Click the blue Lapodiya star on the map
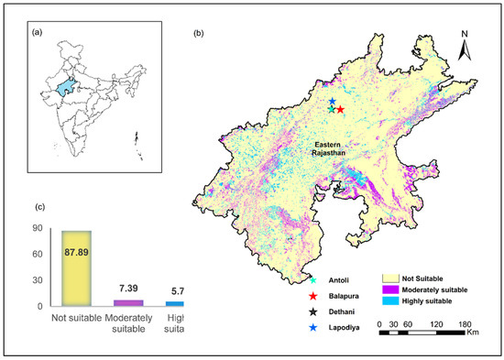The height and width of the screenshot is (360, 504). click(332, 102)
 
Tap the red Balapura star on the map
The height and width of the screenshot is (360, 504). click(340, 110)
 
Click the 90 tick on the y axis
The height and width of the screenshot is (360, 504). click(40, 227)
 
